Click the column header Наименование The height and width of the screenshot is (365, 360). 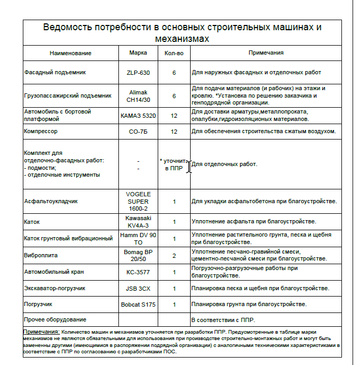(x=71, y=53)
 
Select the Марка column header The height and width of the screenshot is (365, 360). (x=138, y=53)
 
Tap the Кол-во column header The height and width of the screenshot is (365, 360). (x=174, y=53)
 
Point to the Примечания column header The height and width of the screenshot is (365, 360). (x=265, y=53)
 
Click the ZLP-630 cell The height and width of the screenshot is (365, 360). (x=138, y=72)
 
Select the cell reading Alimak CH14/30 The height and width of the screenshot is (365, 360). (x=138, y=95)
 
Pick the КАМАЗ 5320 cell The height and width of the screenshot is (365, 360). (x=138, y=115)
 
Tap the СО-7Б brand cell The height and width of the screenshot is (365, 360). (x=138, y=131)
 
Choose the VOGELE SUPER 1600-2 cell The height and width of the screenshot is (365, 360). (x=138, y=202)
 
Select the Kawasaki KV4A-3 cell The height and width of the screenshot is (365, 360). (x=138, y=221)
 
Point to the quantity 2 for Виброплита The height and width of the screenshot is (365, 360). (x=174, y=255)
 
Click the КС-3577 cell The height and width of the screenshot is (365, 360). (x=138, y=272)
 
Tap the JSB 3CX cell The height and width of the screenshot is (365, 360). (x=138, y=289)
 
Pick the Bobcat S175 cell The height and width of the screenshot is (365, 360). (x=138, y=305)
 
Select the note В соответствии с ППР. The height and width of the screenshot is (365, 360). (x=223, y=320)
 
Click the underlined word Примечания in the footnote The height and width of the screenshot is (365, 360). (x=41, y=331)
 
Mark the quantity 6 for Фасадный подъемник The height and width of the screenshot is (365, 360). (x=174, y=72)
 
